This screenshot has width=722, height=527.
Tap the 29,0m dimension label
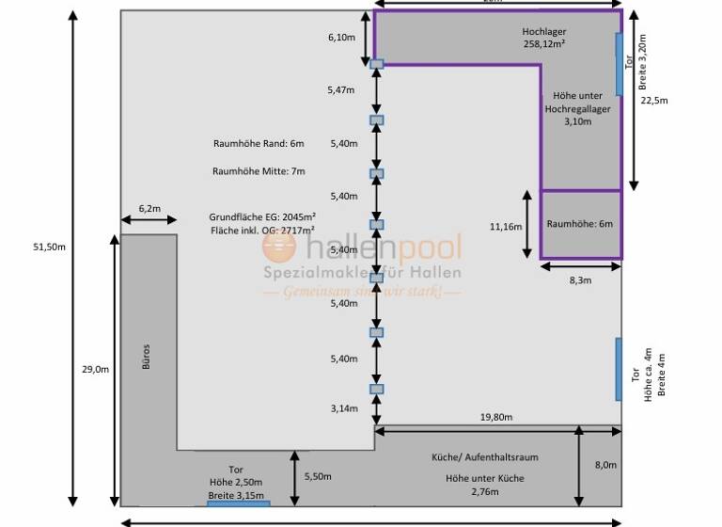(95, 370)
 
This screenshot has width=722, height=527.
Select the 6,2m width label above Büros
(149, 208)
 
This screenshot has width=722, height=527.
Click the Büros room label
(146, 354)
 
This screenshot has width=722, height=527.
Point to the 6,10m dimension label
(341, 38)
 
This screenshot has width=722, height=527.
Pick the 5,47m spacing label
(341, 90)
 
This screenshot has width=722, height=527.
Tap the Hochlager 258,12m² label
(544, 38)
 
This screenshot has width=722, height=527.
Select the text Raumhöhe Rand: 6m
(259, 143)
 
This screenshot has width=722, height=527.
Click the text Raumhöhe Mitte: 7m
(259, 171)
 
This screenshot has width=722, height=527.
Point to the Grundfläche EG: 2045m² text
(261, 216)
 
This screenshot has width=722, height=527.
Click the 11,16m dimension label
(505, 227)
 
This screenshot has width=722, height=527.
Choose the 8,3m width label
(581, 280)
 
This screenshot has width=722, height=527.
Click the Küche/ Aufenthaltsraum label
(484, 456)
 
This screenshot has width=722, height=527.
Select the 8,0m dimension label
(605, 465)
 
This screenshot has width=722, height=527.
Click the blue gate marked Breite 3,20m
(619, 64)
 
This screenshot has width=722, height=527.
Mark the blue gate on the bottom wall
(238, 503)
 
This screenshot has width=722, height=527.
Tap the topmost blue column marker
(376, 64)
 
